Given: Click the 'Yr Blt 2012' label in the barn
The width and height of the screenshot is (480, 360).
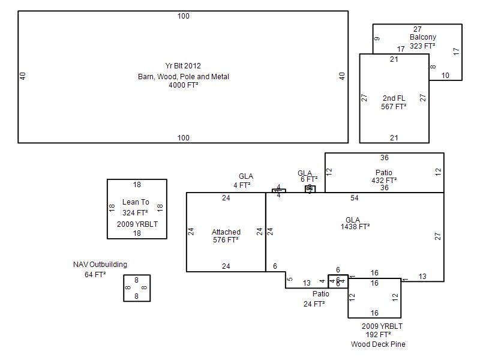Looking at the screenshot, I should [183, 66].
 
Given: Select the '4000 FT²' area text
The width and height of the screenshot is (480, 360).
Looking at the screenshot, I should [183, 85].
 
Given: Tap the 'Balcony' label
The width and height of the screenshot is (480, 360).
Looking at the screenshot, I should [423, 37].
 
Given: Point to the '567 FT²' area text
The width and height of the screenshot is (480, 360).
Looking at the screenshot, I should [394, 107].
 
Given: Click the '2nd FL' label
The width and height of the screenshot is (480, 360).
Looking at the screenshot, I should [394, 98].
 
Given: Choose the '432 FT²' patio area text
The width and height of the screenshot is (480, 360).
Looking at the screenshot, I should [384, 180].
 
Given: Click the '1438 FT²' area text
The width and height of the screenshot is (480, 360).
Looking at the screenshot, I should [355, 227].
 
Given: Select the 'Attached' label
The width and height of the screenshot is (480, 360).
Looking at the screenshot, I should [226, 232].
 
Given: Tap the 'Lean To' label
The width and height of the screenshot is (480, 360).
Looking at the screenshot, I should [136, 203].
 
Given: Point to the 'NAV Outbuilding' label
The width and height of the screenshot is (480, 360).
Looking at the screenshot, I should [100, 265].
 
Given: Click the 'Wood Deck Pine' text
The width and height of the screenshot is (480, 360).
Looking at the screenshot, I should [378, 344].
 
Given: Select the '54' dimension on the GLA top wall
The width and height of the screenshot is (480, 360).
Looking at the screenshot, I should [355, 198].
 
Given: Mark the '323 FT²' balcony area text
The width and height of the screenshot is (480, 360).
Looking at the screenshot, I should [422, 46].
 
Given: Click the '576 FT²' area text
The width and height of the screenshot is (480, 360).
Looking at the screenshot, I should [226, 240].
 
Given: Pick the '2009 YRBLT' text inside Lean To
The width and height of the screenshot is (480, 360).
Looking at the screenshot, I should [137, 224].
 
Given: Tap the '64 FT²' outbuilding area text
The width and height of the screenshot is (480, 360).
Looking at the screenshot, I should [95, 275].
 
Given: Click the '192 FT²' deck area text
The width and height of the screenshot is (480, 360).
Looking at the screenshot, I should [378, 335].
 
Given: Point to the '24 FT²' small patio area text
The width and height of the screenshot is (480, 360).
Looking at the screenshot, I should [314, 304].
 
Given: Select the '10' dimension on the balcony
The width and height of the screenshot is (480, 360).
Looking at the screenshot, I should [445, 76].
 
